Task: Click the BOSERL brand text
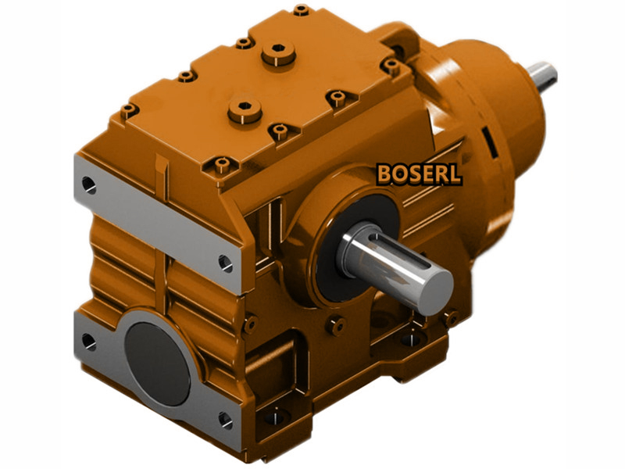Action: [x=419, y=174]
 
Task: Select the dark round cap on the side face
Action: [x=156, y=353]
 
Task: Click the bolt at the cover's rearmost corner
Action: [x=302, y=11]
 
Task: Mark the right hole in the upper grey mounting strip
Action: [x=225, y=263]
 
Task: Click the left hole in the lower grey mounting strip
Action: [x=87, y=340]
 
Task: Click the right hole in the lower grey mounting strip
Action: [x=225, y=420]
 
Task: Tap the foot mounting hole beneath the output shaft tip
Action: [x=451, y=318]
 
